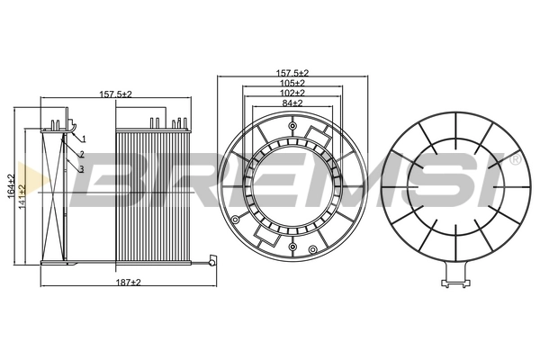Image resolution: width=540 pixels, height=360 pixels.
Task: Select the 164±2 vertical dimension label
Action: [x=11, y=186]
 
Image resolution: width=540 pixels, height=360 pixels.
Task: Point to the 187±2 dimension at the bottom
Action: [x=130, y=283]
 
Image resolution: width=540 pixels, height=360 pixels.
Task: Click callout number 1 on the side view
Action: [x=83, y=139]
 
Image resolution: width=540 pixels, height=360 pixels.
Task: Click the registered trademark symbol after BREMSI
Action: [x=516, y=159]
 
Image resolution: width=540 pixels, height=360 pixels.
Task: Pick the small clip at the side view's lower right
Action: [x=211, y=263]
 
